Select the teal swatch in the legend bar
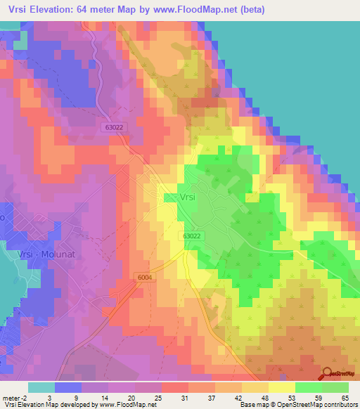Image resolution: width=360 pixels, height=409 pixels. pyautogui.click(x=41, y=387)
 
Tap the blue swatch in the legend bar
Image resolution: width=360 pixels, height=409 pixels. pyautogui.click(x=68, y=387)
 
